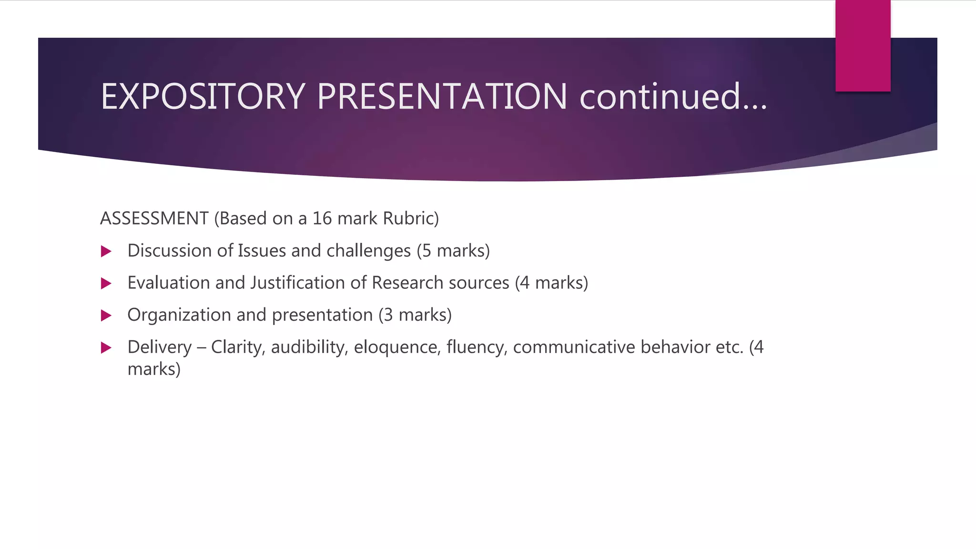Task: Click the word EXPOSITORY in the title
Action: pos(203,97)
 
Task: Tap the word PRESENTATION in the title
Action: pos(442,97)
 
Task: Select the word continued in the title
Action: pos(661,97)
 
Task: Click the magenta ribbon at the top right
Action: pos(863,45)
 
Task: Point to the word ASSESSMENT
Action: pos(154,218)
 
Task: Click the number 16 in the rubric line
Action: pos(322,218)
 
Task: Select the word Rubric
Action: pos(410,218)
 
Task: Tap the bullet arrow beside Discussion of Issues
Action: pos(106,251)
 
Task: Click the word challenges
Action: pos(368,251)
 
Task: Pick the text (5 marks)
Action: pos(453,251)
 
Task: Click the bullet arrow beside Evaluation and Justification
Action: pos(106,284)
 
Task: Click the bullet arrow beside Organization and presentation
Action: pos(106,315)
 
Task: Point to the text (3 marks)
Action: pos(415,315)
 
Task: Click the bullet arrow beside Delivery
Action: pos(106,347)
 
